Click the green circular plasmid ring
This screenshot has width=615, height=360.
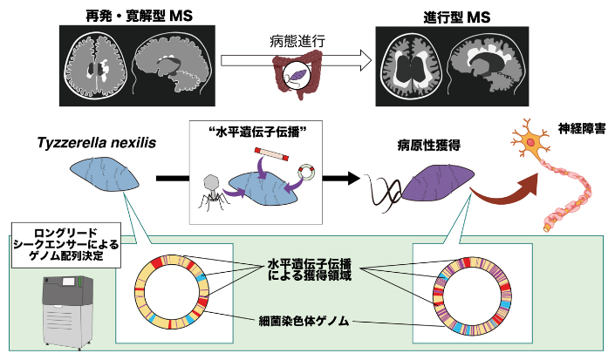coord(307,170)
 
